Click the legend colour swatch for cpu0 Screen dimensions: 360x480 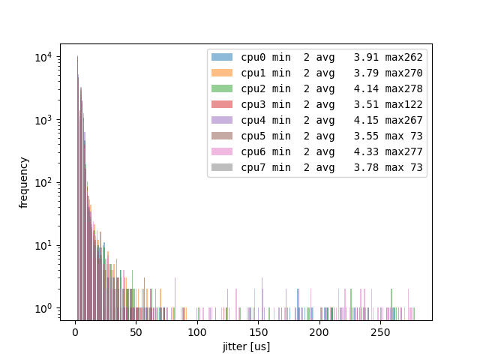point(222,57)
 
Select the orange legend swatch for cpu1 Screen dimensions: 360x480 point(222,73)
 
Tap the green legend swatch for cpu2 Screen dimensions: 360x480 point(222,88)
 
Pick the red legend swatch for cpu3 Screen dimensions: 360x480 point(222,104)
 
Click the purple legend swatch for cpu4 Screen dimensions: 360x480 point(222,120)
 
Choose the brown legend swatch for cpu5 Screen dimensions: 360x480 point(222,136)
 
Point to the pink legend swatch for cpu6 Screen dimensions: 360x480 point(222,151)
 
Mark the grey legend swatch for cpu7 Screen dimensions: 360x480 point(222,167)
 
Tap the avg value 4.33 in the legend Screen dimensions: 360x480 point(367,151)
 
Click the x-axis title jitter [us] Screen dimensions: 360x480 point(246,346)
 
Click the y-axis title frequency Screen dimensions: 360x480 point(24,182)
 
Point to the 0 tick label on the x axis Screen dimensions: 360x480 point(75,333)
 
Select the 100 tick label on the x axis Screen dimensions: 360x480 point(197,333)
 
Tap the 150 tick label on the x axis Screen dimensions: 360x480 point(258,333)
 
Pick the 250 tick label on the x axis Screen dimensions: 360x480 point(380,333)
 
